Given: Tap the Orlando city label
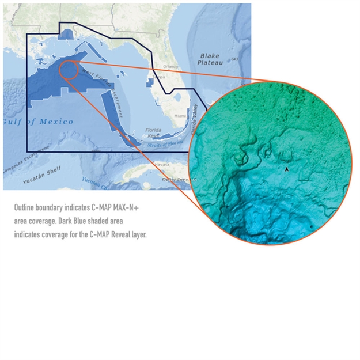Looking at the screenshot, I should [170, 66].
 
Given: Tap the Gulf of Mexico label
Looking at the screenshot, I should [38, 122].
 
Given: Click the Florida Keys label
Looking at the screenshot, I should [154, 132].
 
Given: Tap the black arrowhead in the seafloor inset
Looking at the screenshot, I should [286, 169].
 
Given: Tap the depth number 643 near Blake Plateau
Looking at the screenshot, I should [234, 59].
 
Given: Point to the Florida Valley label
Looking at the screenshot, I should [194, 119].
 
